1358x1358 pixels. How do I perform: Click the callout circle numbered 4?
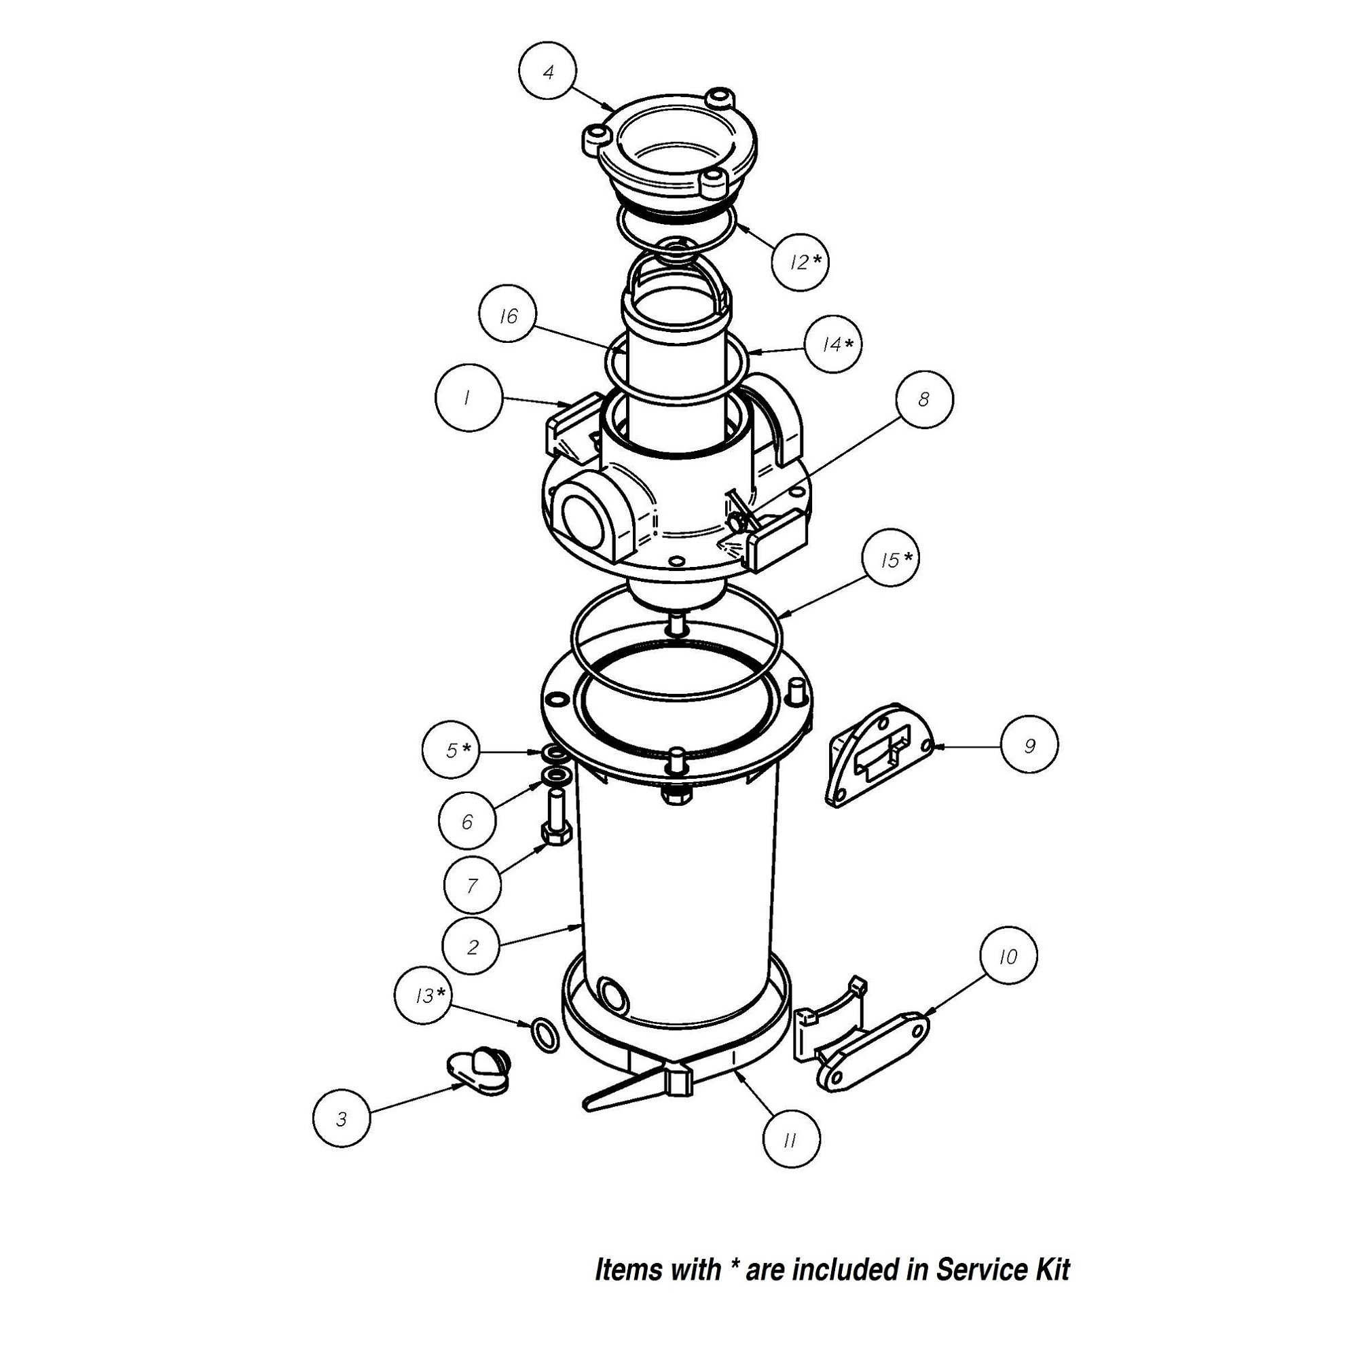(x=547, y=72)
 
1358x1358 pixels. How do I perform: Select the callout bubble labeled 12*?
(x=799, y=262)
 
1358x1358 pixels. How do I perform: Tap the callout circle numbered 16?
(x=507, y=316)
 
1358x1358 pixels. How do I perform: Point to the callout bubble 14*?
(x=834, y=344)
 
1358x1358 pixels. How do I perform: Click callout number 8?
(x=924, y=399)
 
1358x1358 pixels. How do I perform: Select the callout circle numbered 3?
(x=342, y=1118)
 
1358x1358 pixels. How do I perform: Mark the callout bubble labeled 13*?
(x=424, y=995)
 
